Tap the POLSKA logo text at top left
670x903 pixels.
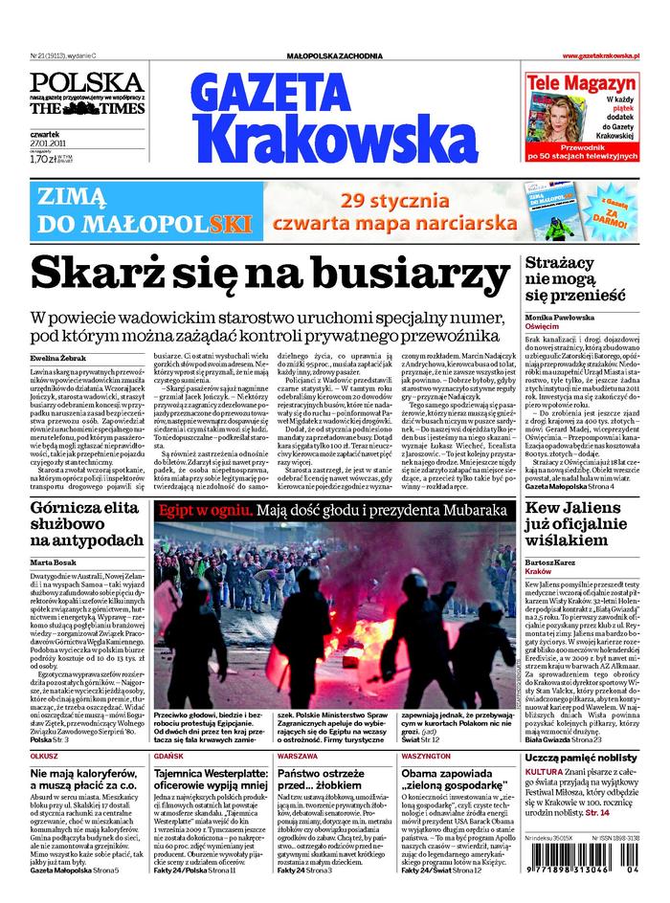[86, 81]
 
